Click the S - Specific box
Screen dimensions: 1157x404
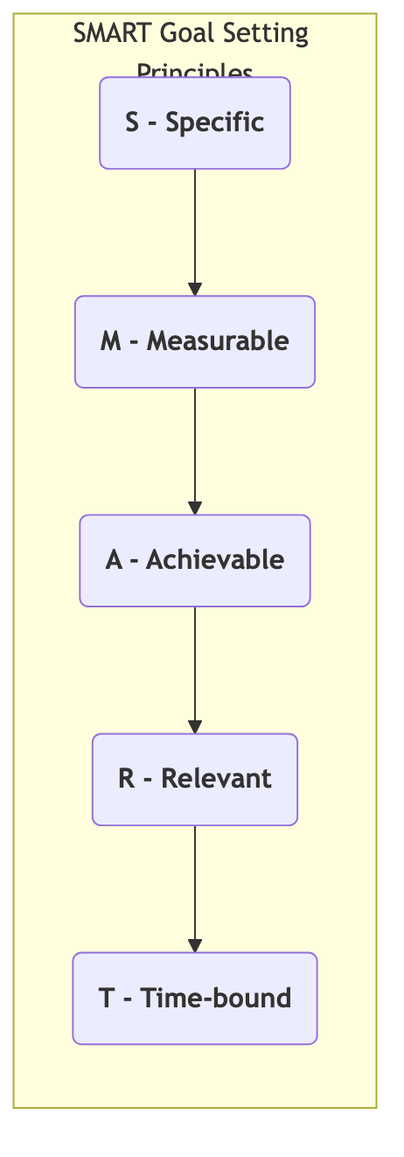(194, 123)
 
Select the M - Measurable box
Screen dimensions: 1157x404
(194, 341)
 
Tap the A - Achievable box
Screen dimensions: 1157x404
(194, 560)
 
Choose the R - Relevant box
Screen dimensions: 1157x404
(194, 779)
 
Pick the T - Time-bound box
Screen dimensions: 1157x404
(194, 998)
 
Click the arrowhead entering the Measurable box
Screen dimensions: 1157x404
(195, 290)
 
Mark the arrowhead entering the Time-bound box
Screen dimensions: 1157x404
(195, 946)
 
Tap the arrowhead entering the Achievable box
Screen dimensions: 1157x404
(195, 508)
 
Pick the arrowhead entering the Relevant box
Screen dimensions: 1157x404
(195, 727)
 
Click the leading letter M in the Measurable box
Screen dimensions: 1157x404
(111, 341)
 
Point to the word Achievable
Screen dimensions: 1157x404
(214, 560)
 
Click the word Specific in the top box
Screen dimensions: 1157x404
(214, 123)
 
